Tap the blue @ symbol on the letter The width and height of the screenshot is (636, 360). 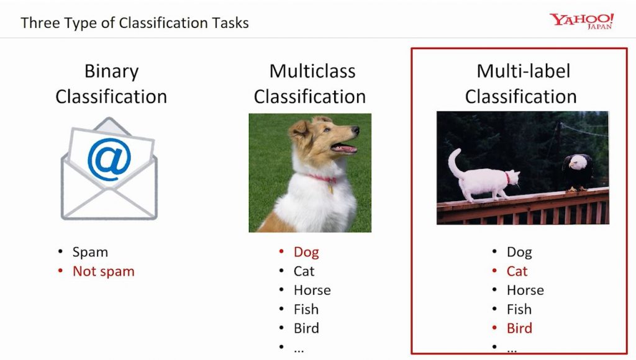tap(109, 160)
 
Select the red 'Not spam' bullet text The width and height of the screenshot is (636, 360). tap(103, 271)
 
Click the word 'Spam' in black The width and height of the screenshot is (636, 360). tap(90, 252)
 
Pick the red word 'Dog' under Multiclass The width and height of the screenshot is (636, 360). tap(306, 252)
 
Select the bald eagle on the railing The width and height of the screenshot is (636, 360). tap(578, 170)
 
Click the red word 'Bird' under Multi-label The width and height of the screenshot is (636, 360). tap(519, 328)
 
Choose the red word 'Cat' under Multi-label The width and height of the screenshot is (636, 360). tap(517, 271)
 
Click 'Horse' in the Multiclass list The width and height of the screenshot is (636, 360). tap(312, 290)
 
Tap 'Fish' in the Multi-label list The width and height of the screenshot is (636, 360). tap(519, 309)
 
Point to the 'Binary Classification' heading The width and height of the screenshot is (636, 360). tap(111, 84)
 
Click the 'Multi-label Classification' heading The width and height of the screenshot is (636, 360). tap(520, 84)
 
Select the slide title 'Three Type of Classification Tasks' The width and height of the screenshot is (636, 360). tap(135, 24)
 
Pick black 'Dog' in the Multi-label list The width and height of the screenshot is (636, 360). tap(519, 252)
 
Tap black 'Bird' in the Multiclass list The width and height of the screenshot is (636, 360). tap(306, 328)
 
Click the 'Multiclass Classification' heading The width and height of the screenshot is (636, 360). tap(309, 84)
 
